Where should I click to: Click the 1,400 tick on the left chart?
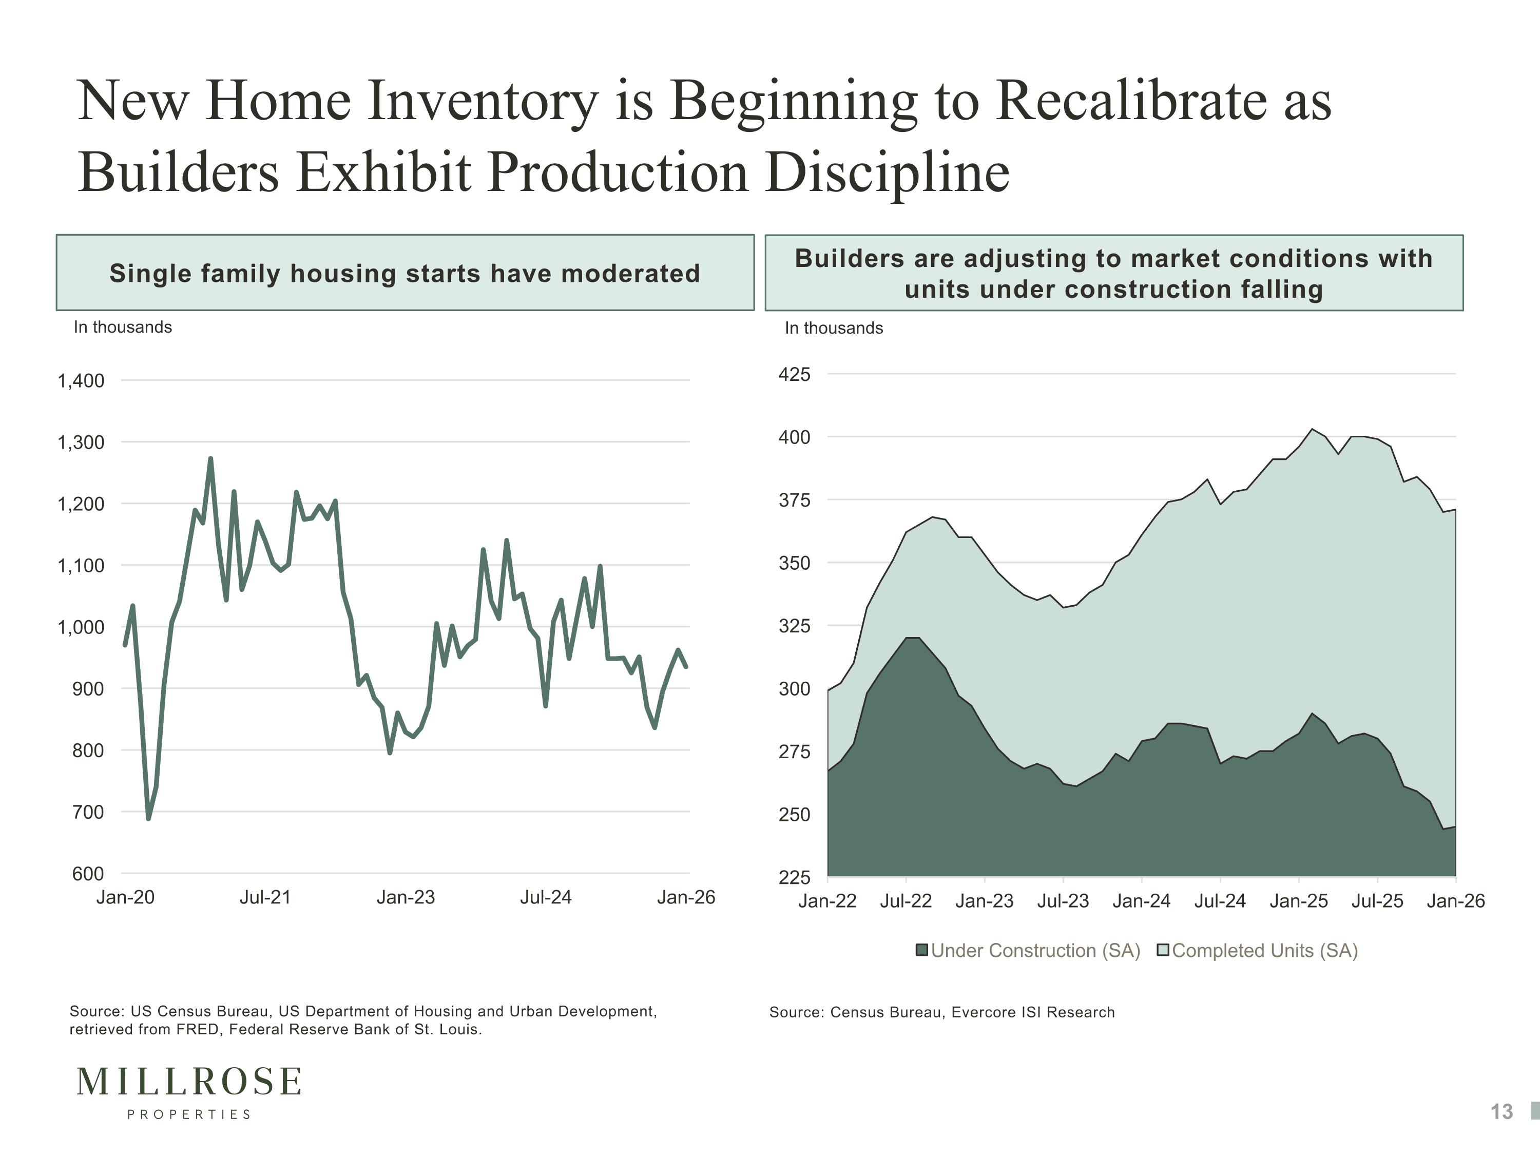tap(81, 381)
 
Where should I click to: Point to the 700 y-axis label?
tap(88, 812)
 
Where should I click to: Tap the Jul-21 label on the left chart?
tap(265, 897)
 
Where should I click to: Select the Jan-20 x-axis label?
tap(125, 897)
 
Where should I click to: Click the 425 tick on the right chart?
tap(794, 375)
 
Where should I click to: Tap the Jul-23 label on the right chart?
tap(1063, 901)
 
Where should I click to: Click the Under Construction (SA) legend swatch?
tap(922, 950)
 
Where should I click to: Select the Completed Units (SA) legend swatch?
tap(1163, 950)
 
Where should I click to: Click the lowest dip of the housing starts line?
tap(148, 819)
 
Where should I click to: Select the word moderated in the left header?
tap(631, 274)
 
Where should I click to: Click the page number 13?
tap(1501, 1112)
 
